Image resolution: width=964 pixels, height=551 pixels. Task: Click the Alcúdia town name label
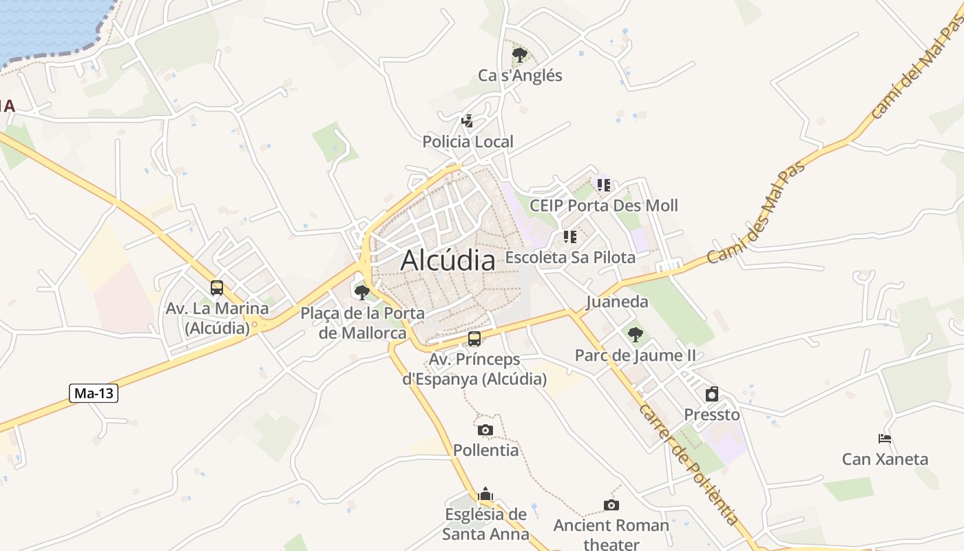coord(448,260)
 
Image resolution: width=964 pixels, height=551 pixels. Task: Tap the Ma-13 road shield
coord(94,393)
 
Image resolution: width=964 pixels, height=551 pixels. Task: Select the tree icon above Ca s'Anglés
coord(520,54)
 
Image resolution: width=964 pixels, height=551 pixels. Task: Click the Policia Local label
coord(468,142)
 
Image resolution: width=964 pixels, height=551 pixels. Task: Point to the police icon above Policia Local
coord(467,121)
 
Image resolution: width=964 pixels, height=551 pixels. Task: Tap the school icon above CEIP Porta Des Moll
coord(604,185)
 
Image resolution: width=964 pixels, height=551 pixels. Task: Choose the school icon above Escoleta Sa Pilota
coord(569,237)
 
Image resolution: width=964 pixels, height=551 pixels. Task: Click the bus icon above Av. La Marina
coord(217,287)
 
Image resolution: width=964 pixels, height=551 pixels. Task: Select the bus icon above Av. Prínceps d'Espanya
coord(474,338)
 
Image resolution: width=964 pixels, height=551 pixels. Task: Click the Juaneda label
coord(617,302)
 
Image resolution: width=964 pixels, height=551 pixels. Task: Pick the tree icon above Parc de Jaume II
coord(635,335)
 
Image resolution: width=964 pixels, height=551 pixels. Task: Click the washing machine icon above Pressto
coord(712,394)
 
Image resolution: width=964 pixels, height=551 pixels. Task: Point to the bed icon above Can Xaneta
coord(885,438)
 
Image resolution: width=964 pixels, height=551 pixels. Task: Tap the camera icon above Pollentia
coord(485,430)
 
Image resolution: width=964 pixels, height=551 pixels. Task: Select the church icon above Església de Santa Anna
coord(485,494)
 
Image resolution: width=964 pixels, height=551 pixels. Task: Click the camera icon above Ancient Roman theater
coord(611,505)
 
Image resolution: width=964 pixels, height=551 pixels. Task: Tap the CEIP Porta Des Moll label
coord(603,205)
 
